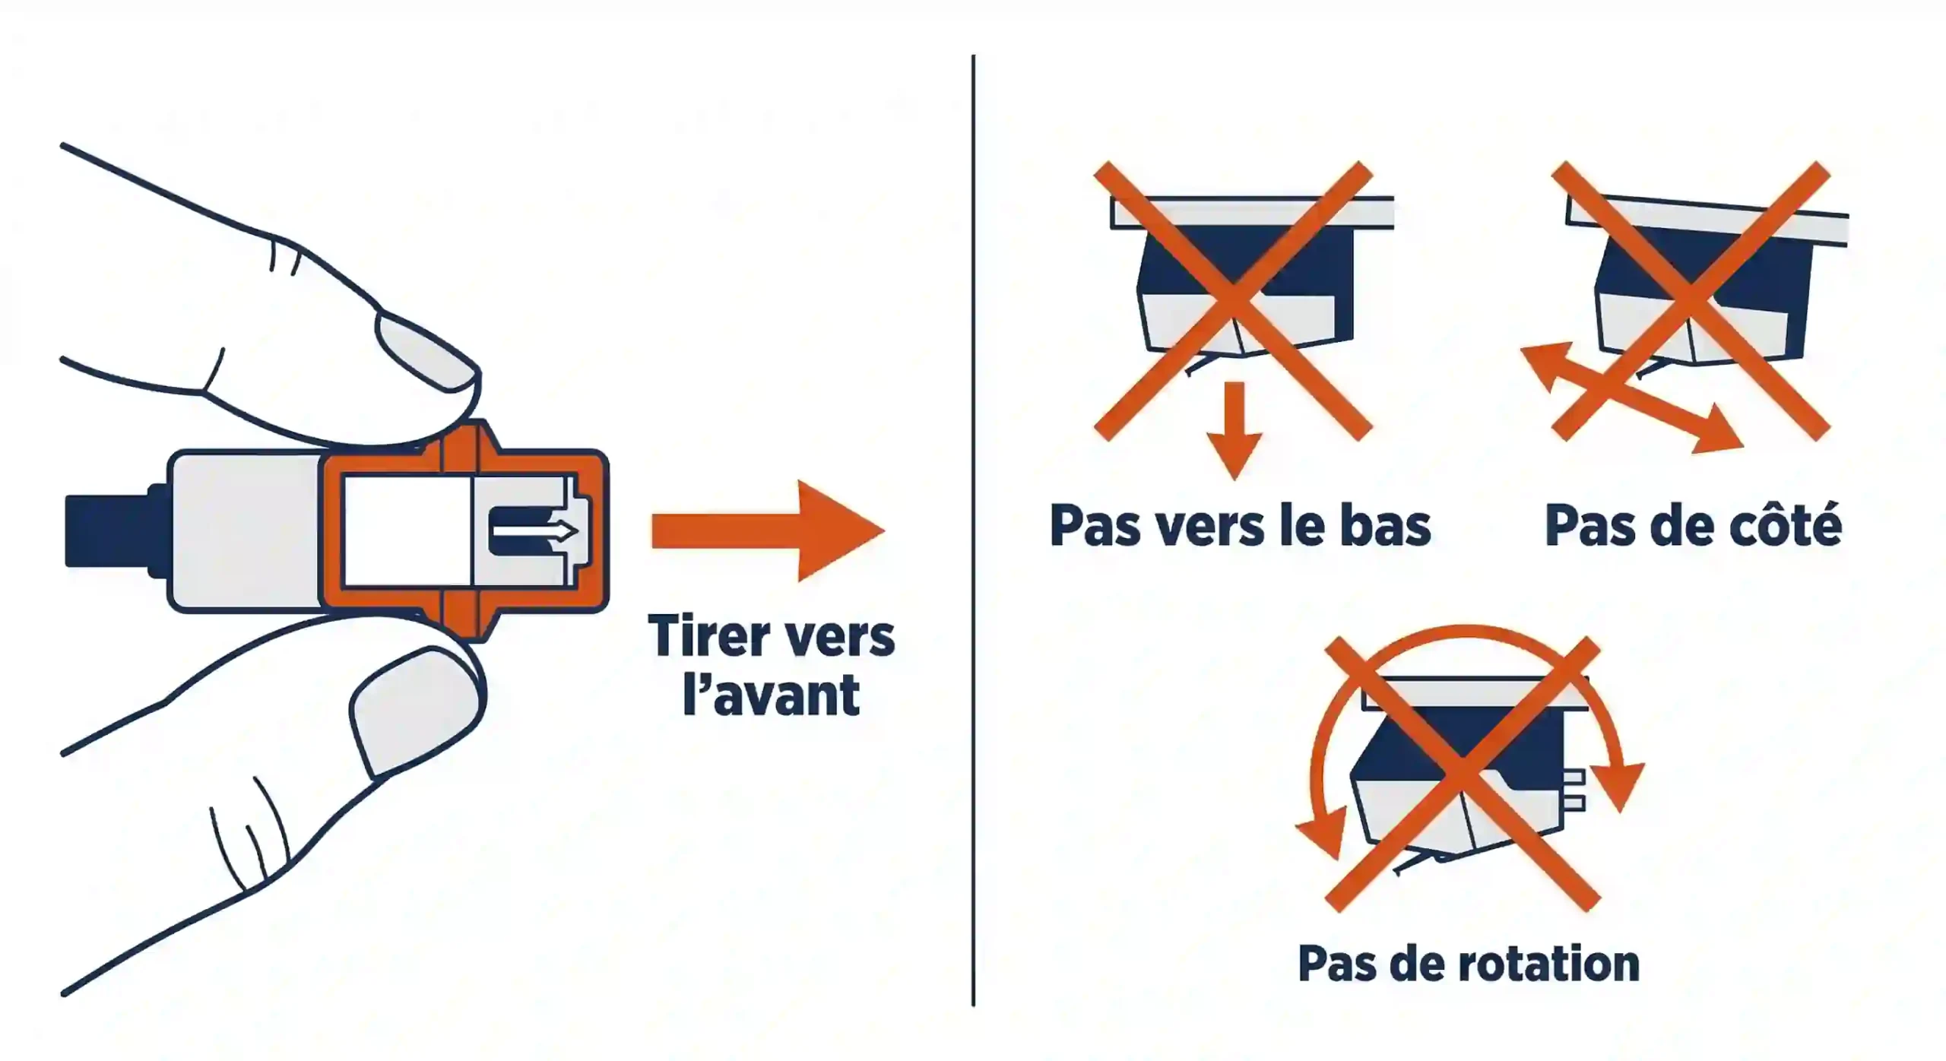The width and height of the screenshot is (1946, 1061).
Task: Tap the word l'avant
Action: (771, 695)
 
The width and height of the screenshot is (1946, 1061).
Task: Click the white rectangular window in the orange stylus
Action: (407, 530)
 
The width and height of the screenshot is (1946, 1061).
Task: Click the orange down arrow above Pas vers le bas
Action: (1234, 433)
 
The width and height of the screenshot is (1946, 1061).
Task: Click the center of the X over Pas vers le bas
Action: (1233, 300)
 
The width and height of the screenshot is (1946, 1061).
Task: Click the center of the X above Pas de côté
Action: (1691, 300)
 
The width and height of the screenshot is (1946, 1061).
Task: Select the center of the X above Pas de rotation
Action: (1463, 774)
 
